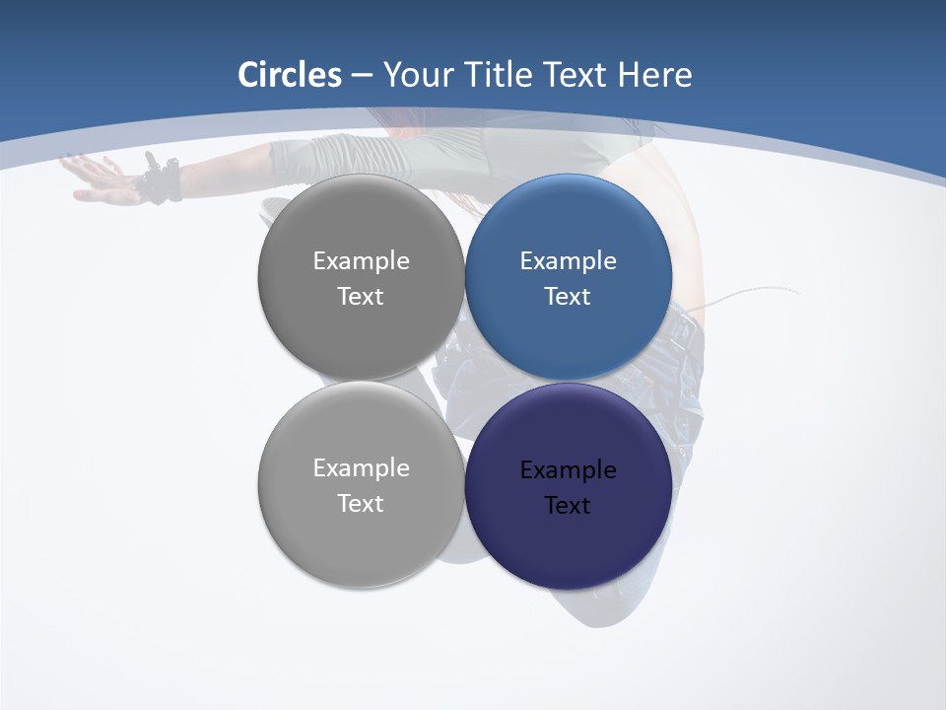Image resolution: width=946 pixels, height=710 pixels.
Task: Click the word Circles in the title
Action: click(x=290, y=75)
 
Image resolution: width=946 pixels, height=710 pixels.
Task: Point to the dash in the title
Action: click(x=362, y=76)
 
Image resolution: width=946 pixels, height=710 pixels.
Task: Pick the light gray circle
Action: click(x=361, y=537)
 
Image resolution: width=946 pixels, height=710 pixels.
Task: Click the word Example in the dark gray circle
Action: click(x=361, y=260)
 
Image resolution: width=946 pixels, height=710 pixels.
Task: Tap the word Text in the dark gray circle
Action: click(x=361, y=296)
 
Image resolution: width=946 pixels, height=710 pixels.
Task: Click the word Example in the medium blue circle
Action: click(x=568, y=260)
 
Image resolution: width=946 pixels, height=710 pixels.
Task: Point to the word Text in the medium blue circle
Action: click(x=568, y=296)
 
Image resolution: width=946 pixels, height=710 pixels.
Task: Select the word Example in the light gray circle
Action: click(x=361, y=467)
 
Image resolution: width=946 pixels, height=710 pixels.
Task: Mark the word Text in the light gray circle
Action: click(x=361, y=503)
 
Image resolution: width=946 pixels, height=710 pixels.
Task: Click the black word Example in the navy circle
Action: click(x=568, y=469)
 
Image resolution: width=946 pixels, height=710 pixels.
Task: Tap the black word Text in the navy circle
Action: click(x=568, y=505)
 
